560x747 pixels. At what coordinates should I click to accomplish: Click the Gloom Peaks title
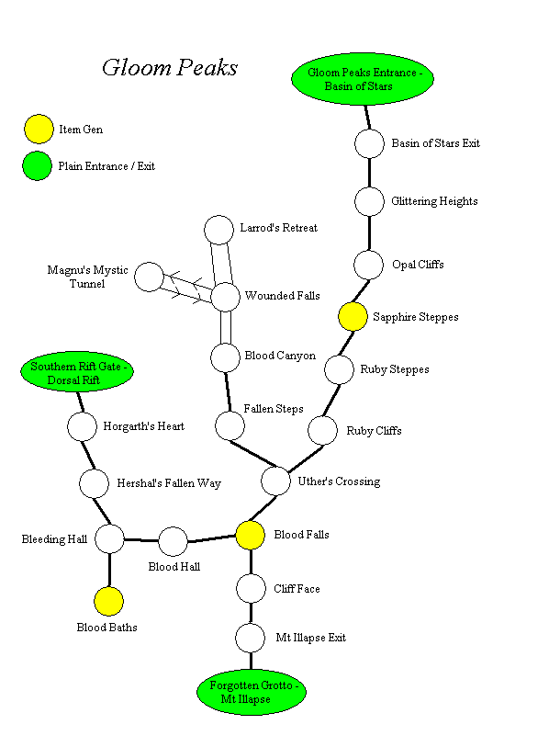tap(170, 68)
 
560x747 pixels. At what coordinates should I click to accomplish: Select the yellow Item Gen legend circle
tap(38, 130)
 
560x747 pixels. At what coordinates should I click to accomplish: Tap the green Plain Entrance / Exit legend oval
tap(38, 166)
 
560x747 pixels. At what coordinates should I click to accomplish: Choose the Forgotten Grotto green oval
tap(251, 692)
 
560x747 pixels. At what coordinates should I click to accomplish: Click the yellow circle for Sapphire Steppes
tap(353, 317)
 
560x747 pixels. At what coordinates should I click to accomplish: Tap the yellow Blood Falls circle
tap(251, 535)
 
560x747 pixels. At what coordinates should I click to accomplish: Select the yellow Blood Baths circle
tap(108, 602)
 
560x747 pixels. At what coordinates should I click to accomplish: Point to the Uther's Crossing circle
tap(275, 481)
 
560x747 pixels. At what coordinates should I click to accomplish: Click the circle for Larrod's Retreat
tap(218, 230)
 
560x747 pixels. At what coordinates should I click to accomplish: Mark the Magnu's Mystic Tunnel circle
tap(149, 277)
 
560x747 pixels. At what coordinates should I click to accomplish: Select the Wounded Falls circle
tap(226, 297)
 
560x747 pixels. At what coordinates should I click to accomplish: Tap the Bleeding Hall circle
tap(109, 539)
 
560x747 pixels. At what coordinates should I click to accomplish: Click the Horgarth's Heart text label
tap(143, 426)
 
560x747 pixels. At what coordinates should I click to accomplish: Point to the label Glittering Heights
tap(434, 201)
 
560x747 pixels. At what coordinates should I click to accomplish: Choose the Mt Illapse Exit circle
tap(250, 637)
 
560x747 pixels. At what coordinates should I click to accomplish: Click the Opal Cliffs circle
tap(368, 265)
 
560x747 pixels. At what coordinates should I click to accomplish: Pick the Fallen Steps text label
tap(274, 408)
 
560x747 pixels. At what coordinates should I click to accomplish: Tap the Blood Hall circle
tap(173, 541)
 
